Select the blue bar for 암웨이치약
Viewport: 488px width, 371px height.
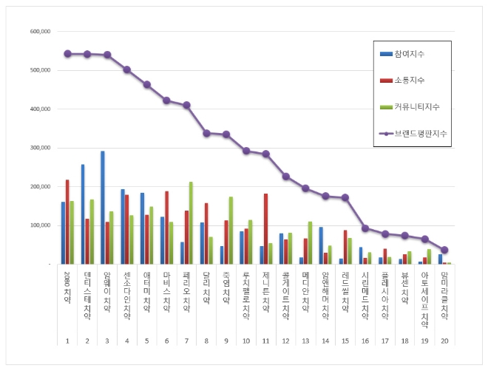coord(103,208)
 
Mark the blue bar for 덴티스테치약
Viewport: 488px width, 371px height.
coord(83,214)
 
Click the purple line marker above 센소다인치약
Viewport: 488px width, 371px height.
coord(127,69)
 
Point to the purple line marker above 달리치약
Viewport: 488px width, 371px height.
coord(206,133)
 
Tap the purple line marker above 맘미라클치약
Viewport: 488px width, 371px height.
coord(444,250)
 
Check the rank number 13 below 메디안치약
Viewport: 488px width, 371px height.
coord(305,340)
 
